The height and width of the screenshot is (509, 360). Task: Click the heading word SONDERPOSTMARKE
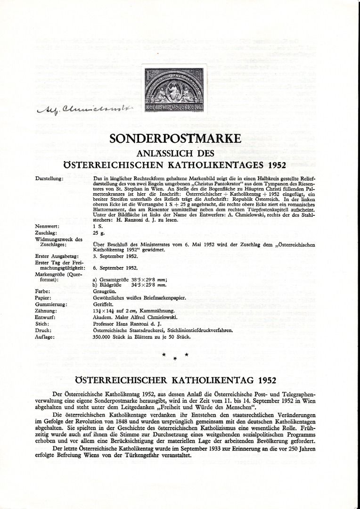click(175, 140)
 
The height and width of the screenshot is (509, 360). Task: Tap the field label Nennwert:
click(46, 226)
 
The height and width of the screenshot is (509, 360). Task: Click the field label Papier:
click(43, 298)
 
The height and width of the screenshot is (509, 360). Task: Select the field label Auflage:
click(45, 337)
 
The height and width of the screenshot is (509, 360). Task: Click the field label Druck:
click(43, 331)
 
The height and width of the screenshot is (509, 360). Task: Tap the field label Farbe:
click(43, 291)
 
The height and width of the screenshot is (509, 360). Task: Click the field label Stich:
click(42, 324)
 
